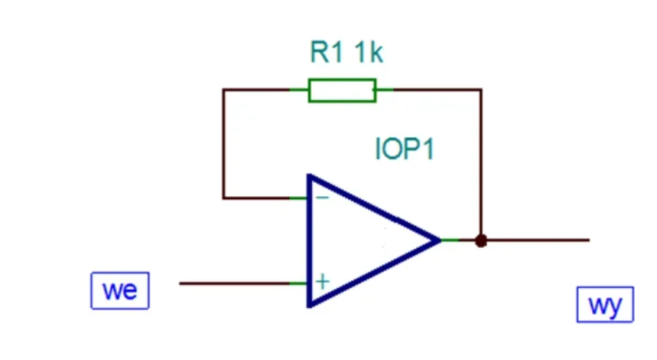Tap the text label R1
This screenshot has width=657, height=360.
pos(327,52)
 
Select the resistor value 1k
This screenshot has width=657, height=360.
pos(369,52)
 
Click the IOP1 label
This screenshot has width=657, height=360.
pos(404,148)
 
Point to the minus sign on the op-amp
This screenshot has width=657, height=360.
pos(322,197)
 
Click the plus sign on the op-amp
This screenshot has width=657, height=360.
pos(323,281)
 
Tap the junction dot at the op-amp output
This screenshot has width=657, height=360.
pos(481,241)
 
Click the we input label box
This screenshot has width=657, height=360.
pos(120,290)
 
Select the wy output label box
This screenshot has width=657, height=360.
pos(605,305)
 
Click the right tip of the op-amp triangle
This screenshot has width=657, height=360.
pos(441,241)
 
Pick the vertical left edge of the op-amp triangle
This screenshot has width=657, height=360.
pos(310,241)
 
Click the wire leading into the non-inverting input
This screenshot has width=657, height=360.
pos(234,284)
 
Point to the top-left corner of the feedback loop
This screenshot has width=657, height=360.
pos(224,90)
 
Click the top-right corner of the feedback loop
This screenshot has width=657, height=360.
pos(481,90)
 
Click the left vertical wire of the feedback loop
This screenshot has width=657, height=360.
pos(224,144)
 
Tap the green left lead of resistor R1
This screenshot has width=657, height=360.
pos(299,90)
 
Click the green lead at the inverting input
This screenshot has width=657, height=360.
pos(299,198)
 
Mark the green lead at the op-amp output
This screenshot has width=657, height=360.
pos(450,241)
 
